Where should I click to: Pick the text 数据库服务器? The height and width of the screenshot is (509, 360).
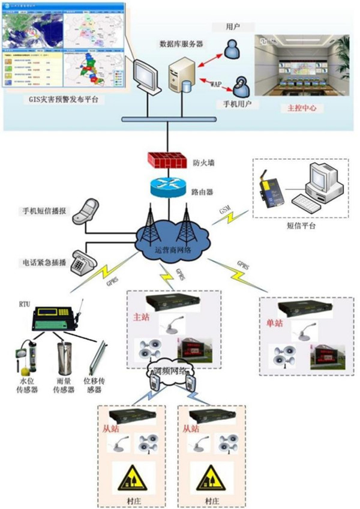pyautogui.click(x=180, y=44)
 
